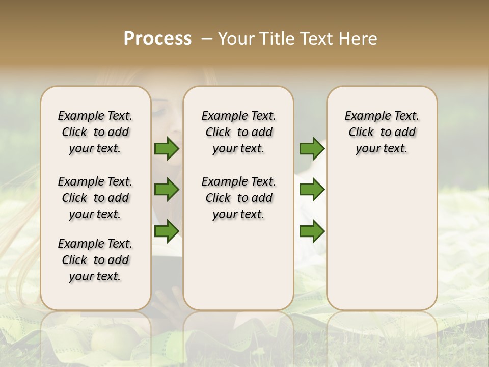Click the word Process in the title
[x=157, y=39]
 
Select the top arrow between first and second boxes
[x=167, y=149]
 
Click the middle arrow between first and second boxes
[x=167, y=190]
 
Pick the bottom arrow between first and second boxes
[x=167, y=231]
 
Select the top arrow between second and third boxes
[x=312, y=149]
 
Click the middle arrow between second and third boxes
[x=312, y=190]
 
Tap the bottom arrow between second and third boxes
[x=312, y=231]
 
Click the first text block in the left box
[x=95, y=132]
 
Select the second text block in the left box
[x=95, y=198]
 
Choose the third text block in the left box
[x=95, y=260]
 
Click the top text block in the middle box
[x=238, y=132]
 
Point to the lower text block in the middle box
[x=238, y=198]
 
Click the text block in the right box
[x=382, y=132]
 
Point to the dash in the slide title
[x=206, y=39]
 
